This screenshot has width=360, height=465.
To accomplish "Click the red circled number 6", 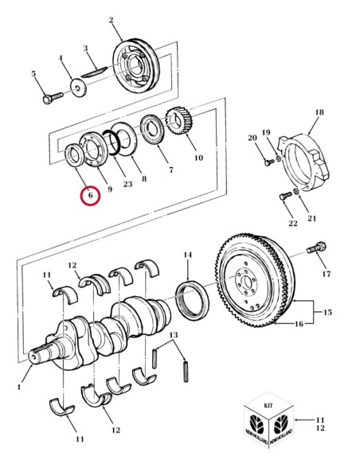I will click(89, 194).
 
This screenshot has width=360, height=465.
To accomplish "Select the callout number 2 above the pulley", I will click(111, 19).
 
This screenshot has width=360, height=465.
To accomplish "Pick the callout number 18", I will click(319, 113).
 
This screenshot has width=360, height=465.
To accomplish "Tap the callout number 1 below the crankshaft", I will click(18, 388).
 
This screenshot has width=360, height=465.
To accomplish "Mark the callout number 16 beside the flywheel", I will click(299, 325).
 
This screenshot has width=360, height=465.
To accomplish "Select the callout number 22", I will click(293, 224).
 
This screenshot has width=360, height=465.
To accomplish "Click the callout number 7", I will click(170, 170).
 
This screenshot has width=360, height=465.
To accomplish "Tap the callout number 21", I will click(311, 218).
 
